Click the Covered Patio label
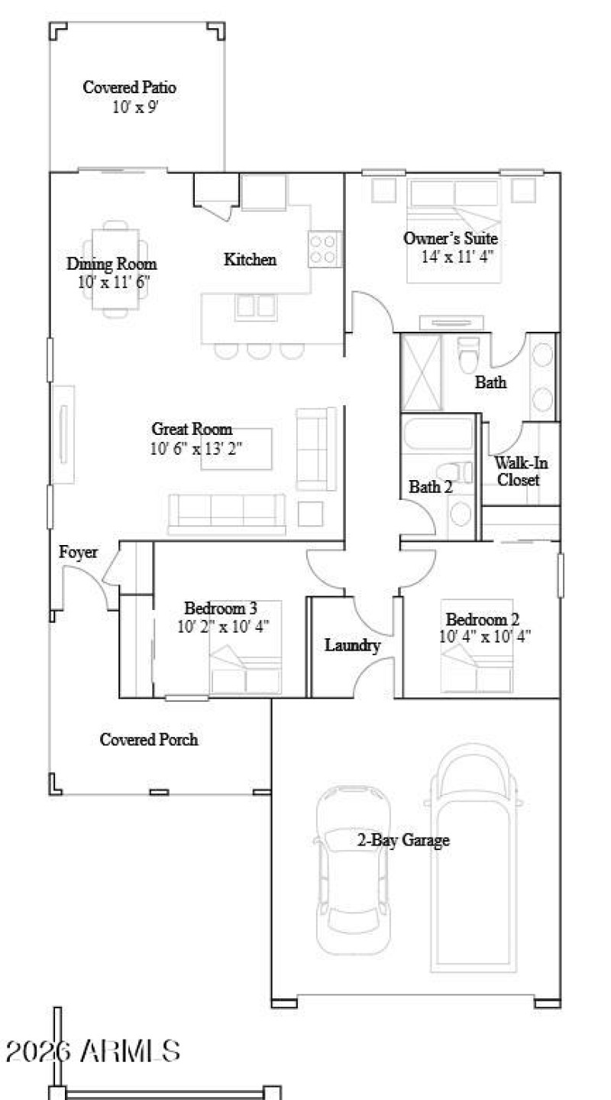129,87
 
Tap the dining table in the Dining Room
115,268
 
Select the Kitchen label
250,260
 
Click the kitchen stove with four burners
324,248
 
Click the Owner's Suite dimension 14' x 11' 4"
458,256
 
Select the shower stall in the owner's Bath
422,372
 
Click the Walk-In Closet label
521,471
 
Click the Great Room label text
192,429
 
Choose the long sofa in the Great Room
226,514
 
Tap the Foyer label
79,552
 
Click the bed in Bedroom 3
246,657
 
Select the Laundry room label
352,645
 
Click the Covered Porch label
149,739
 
